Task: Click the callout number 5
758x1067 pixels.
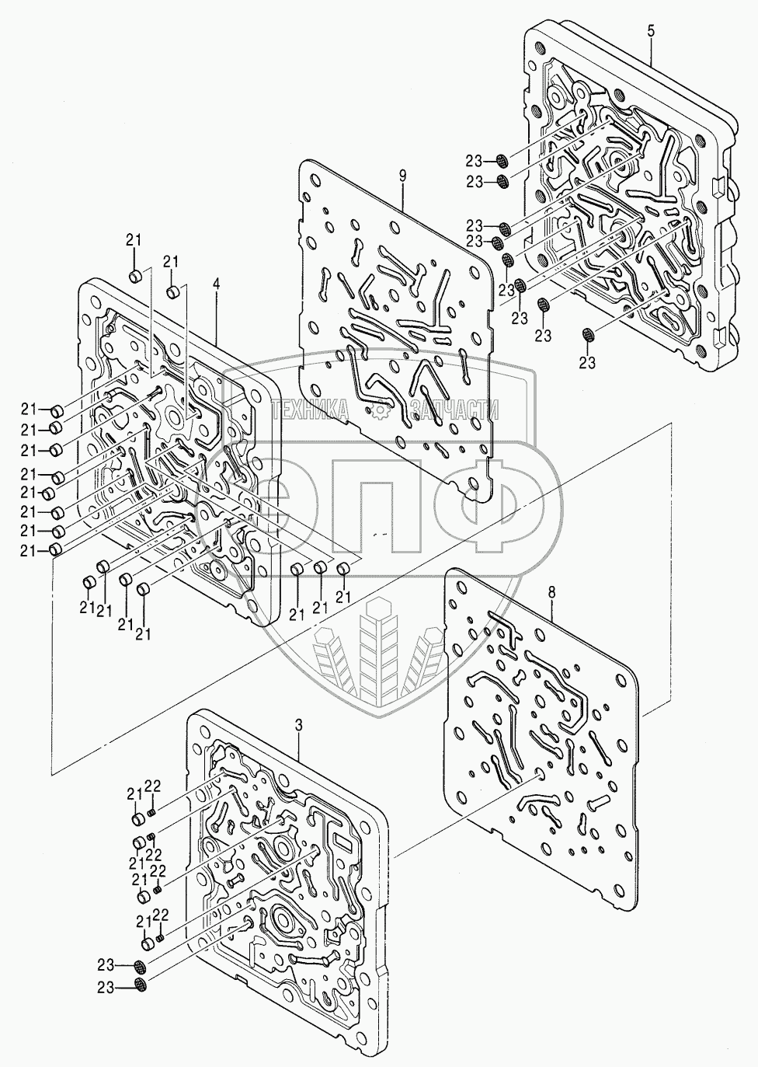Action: point(651,30)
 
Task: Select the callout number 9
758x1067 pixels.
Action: point(402,175)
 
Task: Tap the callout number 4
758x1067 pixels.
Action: point(216,285)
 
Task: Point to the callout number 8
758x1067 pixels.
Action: point(551,592)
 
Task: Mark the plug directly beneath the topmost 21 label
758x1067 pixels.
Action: point(134,275)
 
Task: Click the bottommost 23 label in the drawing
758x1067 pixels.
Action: point(106,988)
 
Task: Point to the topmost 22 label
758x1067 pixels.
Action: point(154,786)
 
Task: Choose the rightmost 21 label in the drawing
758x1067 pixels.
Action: point(343,596)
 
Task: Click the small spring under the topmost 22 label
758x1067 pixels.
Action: point(153,812)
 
